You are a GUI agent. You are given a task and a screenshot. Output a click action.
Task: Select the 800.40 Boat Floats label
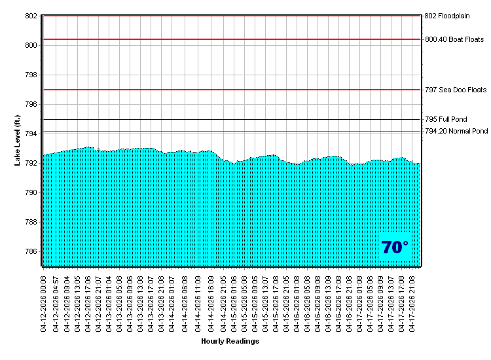click(454, 40)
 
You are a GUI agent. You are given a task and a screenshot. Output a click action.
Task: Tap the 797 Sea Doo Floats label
click(456, 90)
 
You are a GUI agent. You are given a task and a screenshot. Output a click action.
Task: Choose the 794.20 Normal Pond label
click(456, 132)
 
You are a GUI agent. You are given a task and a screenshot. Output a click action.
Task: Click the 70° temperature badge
click(395, 247)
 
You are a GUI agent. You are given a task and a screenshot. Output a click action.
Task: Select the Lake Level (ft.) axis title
click(18, 140)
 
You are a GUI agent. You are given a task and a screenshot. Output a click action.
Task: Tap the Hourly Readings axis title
click(230, 341)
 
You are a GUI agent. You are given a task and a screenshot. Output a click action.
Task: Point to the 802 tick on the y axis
click(31, 16)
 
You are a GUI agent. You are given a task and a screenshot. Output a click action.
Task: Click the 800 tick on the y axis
click(31, 45)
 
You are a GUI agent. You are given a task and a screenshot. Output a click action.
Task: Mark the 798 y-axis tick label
click(31, 75)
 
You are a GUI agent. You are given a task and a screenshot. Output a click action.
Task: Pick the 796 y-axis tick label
click(31, 104)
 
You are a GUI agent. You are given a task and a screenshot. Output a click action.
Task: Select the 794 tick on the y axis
click(31, 134)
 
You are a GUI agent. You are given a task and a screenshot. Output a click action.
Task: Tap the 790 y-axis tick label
click(31, 192)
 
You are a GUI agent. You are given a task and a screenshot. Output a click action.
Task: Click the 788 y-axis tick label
click(31, 222)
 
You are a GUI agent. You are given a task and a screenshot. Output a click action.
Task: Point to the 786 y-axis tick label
click(31, 251)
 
